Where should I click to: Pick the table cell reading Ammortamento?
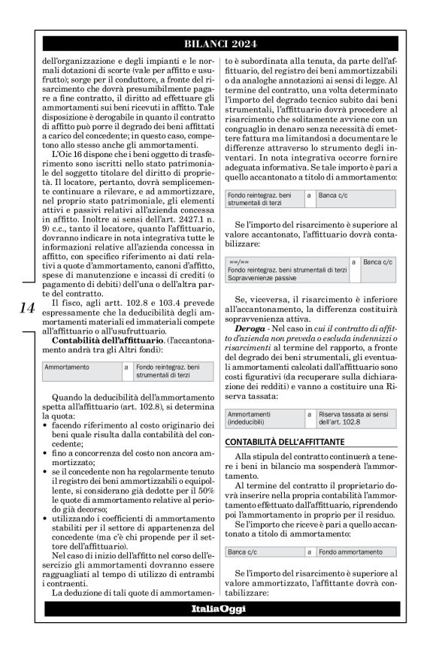[67, 367]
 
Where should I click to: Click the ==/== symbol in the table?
[238, 261]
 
